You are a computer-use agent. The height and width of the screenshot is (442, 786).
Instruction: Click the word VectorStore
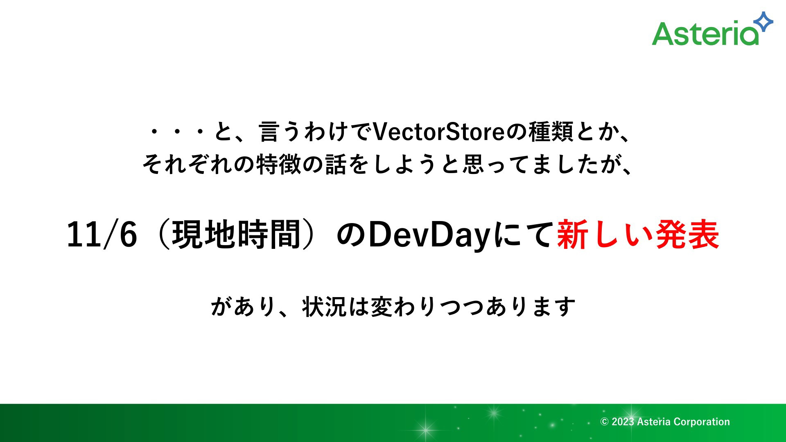coord(438,132)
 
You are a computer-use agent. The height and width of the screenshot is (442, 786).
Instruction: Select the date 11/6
coord(102,235)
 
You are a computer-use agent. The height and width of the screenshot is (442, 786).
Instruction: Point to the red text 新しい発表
coord(638,235)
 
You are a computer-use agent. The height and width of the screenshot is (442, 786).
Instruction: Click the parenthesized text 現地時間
coord(237,235)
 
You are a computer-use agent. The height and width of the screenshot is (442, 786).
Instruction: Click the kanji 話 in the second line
coord(336,165)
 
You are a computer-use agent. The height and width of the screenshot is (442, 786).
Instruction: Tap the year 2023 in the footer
coord(623,422)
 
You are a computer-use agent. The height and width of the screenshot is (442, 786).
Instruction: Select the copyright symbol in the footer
coord(604,422)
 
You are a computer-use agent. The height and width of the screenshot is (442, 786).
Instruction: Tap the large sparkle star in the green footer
coord(426,430)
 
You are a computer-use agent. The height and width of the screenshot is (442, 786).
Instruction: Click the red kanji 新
coord(573,235)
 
